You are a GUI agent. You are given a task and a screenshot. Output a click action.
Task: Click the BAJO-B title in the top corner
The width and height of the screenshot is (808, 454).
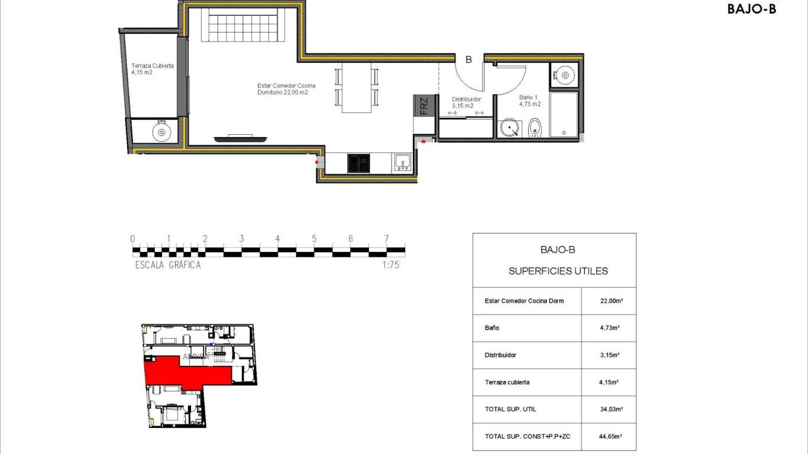[751, 9]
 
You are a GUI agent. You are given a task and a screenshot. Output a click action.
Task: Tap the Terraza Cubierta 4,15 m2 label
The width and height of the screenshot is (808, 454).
[152, 69]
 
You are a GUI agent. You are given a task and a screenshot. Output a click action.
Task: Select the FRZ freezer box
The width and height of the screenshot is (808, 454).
[424, 106]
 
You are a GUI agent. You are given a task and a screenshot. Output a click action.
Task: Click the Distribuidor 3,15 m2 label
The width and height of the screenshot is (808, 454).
[466, 103]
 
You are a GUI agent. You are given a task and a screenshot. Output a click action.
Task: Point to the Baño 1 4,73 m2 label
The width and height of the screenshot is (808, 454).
[530, 100]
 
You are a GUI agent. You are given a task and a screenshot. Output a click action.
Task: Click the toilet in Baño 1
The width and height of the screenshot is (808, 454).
[535, 127]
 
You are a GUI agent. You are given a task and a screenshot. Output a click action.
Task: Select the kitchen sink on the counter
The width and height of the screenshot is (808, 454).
[402, 163]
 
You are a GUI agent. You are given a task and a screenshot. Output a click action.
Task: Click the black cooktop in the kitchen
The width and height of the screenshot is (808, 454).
[358, 163]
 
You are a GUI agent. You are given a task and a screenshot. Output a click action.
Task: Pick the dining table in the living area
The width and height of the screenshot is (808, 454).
[357, 87]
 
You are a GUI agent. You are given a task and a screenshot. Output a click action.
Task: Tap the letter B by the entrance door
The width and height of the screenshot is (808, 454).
[468, 59]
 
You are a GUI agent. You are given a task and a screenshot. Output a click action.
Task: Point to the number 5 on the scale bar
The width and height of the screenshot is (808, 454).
[314, 239]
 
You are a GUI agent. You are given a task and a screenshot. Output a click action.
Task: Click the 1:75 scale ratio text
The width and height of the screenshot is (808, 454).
[390, 265]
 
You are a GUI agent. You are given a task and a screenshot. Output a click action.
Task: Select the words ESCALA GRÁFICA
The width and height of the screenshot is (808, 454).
[168, 265]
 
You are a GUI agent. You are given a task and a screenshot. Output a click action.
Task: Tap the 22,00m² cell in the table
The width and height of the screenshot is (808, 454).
[611, 301]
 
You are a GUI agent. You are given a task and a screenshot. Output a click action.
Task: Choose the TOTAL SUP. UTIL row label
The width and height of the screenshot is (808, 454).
[510, 409]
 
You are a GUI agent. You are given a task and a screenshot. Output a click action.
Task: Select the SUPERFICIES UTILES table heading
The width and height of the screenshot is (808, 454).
[558, 271]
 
